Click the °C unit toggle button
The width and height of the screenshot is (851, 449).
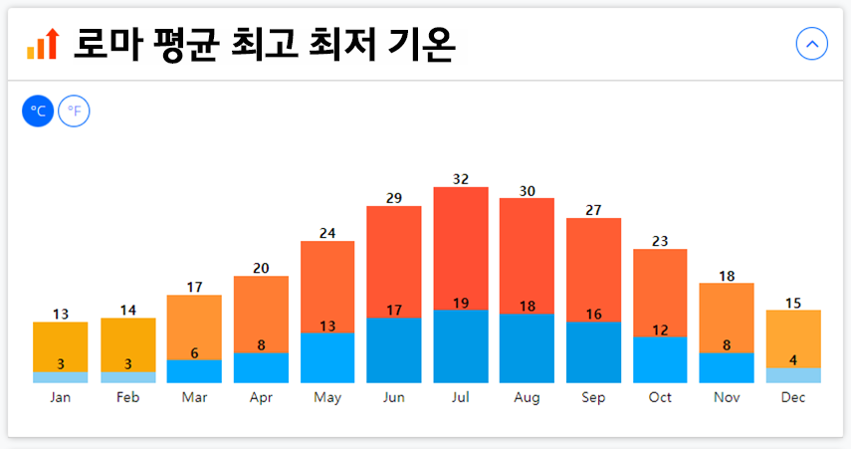pyautogui.click(x=38, y=111)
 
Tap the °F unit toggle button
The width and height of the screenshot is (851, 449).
pyautogui.click(x=74, y=111)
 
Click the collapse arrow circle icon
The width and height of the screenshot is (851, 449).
pyautogui.click(x=812, y=44)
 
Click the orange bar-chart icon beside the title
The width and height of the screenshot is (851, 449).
pyautogui.click(x=43, y=44)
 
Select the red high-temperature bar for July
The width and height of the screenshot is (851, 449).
pyautogui.click(x=461, y=247)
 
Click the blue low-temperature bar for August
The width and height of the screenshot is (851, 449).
pyautogui.click(x=527, y=348)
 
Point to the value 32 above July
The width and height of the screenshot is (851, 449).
pyautogui.click(x=461, y=179)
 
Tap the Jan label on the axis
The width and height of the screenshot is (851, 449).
pyautogui.click(x=61, y=397)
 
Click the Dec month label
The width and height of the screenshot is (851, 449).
pyautogui.click(x=793, y=397)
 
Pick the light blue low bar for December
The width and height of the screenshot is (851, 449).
pyautogui.click(x=793, y=375)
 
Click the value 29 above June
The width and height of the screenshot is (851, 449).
pyautogui.click(x=394, y=198)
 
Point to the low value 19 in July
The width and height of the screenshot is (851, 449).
pyautogui.click(x=461, y=304)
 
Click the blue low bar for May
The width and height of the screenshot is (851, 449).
pyautogui.click(x=327, y=358)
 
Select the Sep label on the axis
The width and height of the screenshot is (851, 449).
pyautogui.click(x=593, y=397)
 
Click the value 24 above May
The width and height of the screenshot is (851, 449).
pyautogui.click(x=327, y=233)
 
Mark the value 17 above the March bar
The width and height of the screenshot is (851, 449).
pyautogui.click(x=194, y=287)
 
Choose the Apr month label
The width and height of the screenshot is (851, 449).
pyautogui.click(x=261, y=397)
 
